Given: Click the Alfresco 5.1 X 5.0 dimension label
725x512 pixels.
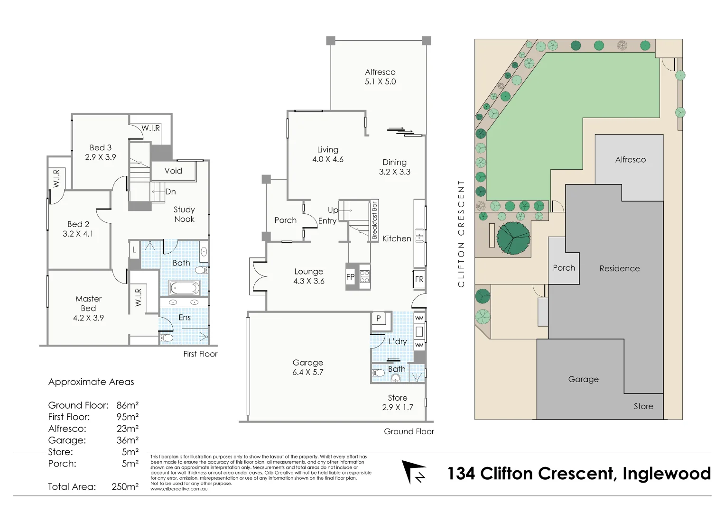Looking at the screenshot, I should [380, 77].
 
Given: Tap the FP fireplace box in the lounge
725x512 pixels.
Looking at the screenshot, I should [350, 277].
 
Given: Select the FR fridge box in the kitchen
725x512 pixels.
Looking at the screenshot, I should [419, 279].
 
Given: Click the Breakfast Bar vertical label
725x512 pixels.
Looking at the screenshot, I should [374, 220].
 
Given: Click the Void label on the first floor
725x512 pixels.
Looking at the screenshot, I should [173, 171].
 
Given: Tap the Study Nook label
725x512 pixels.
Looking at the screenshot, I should [184, 214].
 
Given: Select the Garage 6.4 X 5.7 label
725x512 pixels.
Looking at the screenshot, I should [307, 367].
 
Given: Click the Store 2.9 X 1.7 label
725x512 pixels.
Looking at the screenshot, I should [397, 402].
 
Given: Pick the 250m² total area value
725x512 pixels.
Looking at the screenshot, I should [125, 486].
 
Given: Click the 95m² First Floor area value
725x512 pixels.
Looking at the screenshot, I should [127, 417].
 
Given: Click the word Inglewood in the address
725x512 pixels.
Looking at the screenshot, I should [666, 474].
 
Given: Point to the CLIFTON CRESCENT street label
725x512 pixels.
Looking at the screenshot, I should [461, 233].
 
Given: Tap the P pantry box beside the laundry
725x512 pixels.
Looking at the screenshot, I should [379, 318].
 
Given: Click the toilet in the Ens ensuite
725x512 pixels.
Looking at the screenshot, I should [166, 338].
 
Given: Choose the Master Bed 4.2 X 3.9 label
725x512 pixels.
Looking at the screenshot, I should [88, 308].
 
